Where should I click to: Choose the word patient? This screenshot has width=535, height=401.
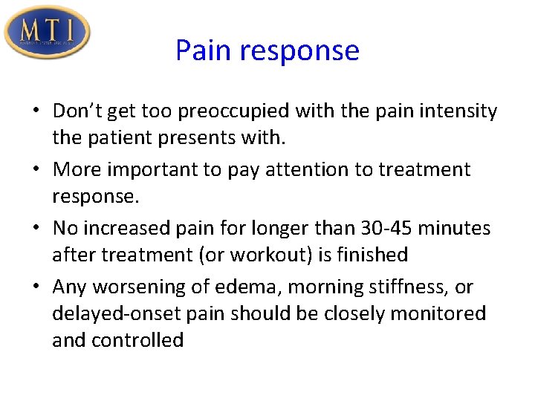tap(123, 138)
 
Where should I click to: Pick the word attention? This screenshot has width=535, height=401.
tap(310, 169)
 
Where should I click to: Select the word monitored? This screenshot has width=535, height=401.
tap(438, 313)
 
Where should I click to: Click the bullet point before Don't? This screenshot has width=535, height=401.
tap(37, 112)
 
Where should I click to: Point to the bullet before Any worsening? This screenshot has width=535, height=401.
tap(37, 287)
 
